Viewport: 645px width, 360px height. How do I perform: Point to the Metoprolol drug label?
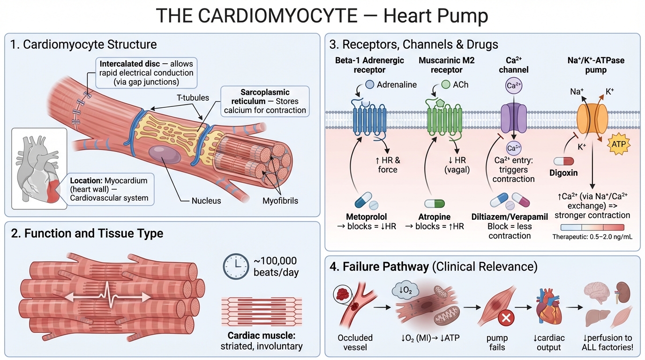click(x=367, y=217)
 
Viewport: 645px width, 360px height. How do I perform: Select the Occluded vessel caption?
click(x=355, y=342)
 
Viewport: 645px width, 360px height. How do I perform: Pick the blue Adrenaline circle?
click(x=369, y=85)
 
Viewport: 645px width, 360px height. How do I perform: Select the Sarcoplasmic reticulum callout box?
click(x=265, y=101)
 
